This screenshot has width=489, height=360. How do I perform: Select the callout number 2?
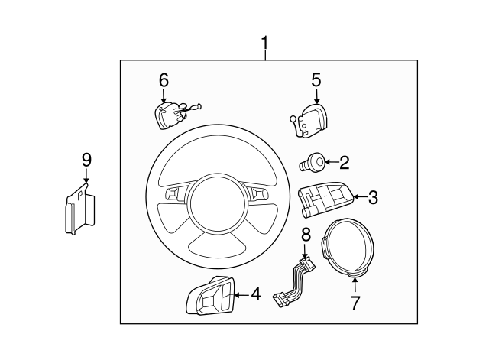(x=344, y=161)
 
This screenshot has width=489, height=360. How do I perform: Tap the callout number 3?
(x=373, y=198)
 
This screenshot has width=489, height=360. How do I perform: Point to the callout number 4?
(x=254, y=293)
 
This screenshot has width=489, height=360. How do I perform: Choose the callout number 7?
(x=355, y=302)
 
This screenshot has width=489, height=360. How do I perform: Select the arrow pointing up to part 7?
(x=355, y=286)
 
